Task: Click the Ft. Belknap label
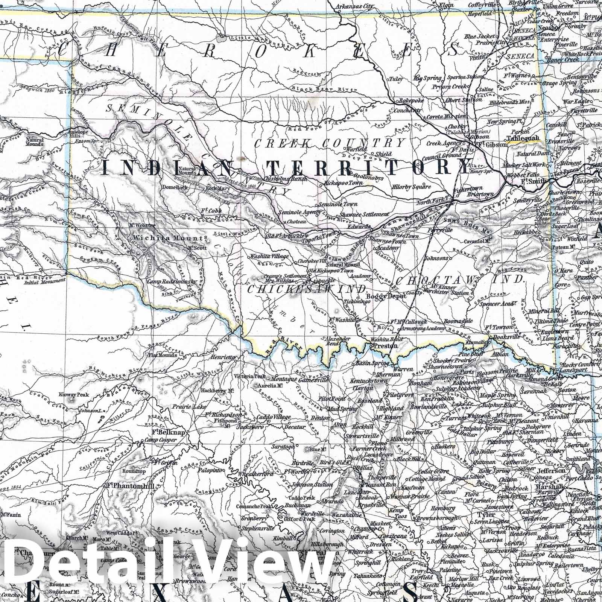click(168, 433)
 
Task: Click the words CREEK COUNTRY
click(330, 143)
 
